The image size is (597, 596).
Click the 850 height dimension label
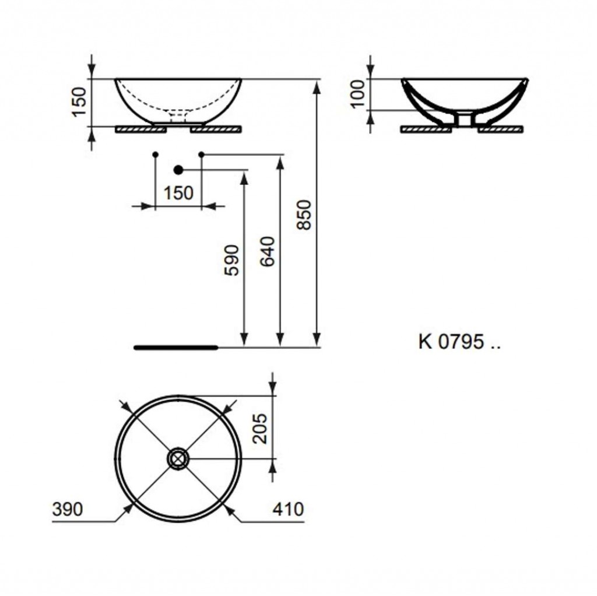(304, 215)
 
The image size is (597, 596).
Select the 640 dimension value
(267, 251)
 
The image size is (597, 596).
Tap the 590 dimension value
(232, 260)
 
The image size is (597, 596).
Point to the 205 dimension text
(261, 429)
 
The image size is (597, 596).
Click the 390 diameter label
(68, 509)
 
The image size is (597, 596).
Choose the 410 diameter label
(288, 509)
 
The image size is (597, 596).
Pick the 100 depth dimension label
(359, 94)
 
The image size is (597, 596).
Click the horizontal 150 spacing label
(178, 193)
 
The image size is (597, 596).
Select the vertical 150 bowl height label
(80, 102)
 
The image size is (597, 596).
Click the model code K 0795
(459, 342)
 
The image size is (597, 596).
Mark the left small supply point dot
(155, 154)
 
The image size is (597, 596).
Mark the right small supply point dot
(201, 154)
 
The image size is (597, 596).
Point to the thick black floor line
(176, 348)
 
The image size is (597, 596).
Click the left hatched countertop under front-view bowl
(141, 130)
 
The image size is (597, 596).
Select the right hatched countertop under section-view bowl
(500, 130)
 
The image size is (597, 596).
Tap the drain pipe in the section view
(465, 119)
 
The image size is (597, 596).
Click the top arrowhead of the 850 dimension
(317, 87)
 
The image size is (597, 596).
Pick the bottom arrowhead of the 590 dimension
(244, 340)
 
